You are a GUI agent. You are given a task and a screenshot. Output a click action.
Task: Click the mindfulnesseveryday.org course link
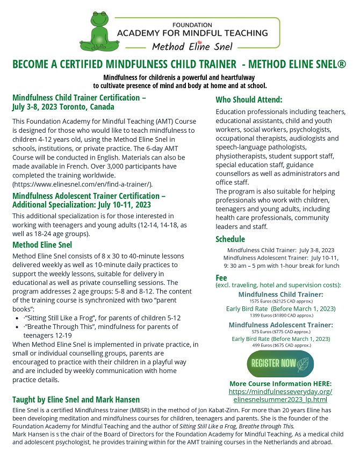(280, 395)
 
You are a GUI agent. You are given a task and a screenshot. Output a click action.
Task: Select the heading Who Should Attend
(249, 99)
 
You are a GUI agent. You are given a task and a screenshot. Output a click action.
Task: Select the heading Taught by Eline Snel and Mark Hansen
(76, 399)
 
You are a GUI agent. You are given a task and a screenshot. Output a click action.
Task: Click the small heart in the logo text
(199, 46)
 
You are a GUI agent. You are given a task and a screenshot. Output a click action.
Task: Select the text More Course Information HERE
(280, 383)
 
